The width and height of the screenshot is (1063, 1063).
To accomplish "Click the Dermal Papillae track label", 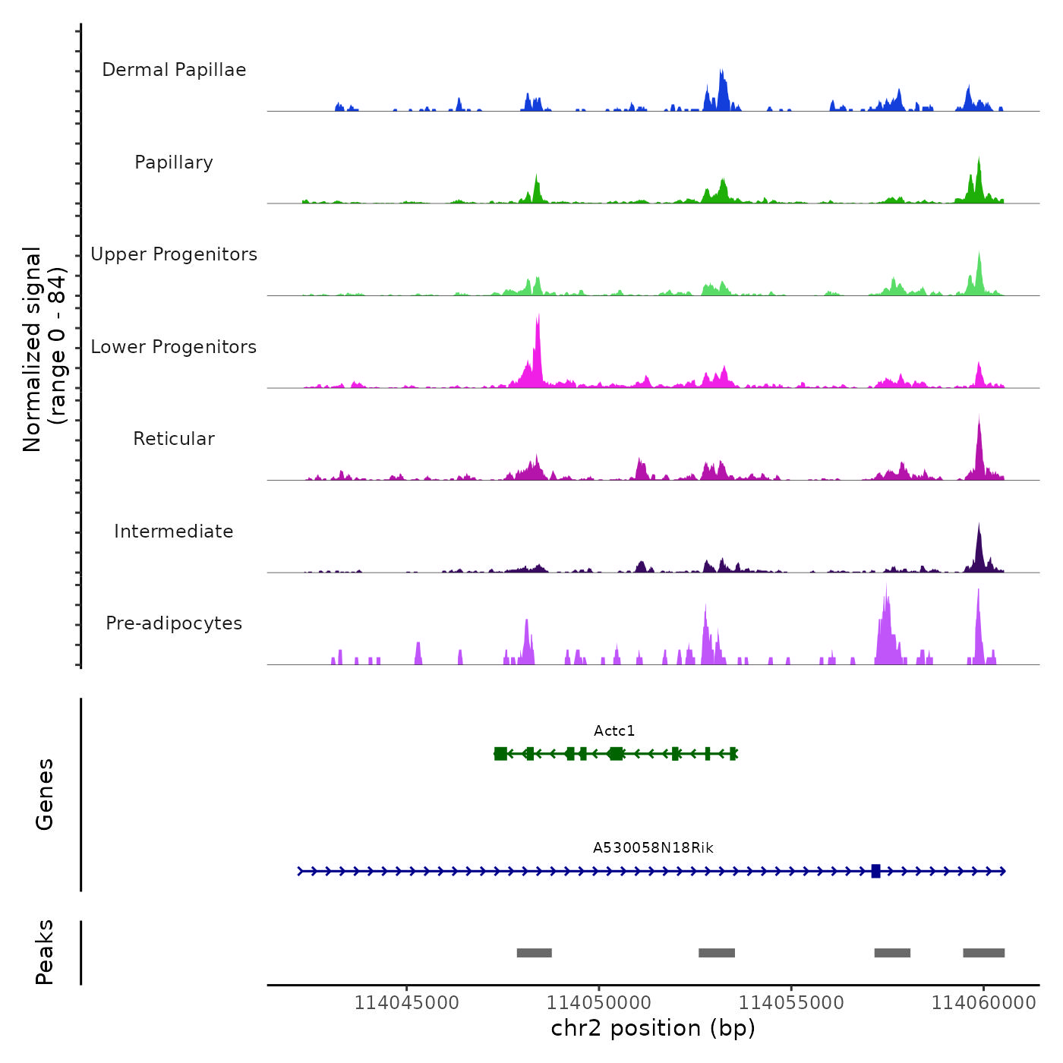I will (174, 70).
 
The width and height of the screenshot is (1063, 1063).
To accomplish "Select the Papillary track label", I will (174, 162).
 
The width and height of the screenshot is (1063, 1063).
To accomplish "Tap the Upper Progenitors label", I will (174, 254).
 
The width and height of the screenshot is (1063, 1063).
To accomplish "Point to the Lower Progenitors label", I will (174, 347).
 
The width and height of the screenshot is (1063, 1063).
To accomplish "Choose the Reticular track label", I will (174, 439).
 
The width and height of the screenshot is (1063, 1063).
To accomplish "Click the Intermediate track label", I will (174, 531).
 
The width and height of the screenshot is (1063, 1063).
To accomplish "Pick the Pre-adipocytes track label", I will (174, 623).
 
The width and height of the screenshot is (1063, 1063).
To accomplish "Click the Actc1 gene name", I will (614, 731).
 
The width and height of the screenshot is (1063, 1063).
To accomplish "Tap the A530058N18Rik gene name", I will (653, 848).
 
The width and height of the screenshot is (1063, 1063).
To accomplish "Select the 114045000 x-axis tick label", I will (407, 1003).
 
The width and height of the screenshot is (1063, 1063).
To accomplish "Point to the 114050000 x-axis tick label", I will (599, 1003).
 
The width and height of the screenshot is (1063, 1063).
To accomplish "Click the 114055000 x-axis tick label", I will (791, 1003).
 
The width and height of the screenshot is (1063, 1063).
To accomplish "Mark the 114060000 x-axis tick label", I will (983, 1003).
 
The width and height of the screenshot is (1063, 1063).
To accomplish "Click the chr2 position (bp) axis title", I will (653, 1028).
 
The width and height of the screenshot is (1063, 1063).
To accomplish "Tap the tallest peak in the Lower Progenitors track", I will (538, 319).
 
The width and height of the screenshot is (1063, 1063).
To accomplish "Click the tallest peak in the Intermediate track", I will (979, 528).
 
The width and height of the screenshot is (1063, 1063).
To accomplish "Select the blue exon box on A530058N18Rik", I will (875, 871).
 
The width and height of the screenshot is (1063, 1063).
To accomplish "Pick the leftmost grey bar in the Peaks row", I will (534, 953).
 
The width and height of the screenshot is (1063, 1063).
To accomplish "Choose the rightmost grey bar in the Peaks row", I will (983, 953).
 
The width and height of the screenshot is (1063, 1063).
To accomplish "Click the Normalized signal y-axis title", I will (45, 349).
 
